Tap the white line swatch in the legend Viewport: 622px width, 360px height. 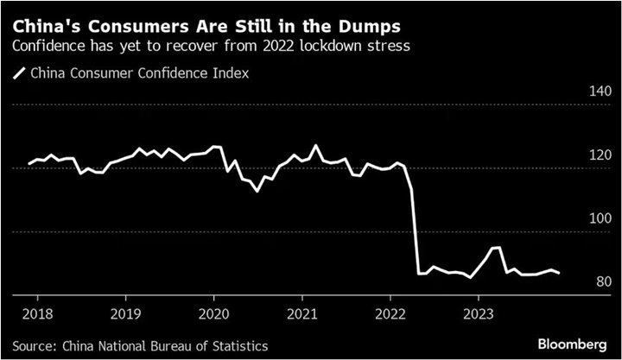17,74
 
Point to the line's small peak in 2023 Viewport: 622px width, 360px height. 496,248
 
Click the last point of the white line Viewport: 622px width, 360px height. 560,273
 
